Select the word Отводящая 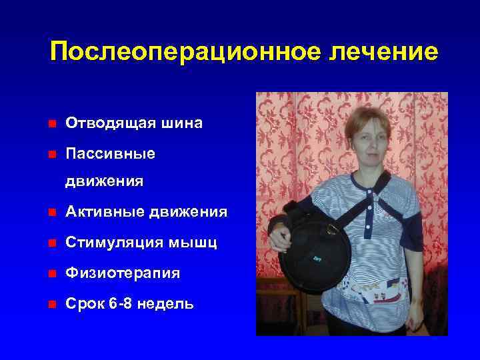pos(107,124)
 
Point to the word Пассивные pos(111,154)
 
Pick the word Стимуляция pos(115,243)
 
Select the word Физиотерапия pos(123,273)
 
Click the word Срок pos(85,304)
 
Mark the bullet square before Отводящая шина pos(52,124)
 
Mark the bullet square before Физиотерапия pos(52,273)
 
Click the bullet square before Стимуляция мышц pos(52,243)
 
